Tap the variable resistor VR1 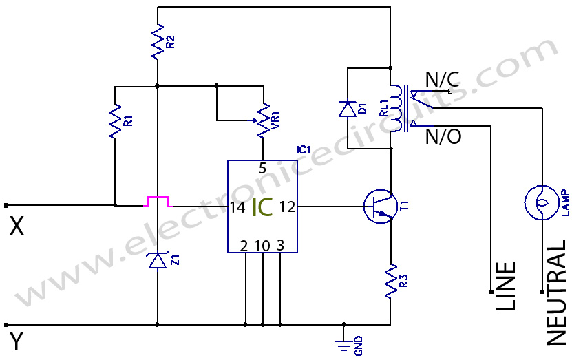coord(262,120)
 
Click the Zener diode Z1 coord(158,260)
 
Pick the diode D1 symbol coord(347,109)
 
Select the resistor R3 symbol coord(391,280)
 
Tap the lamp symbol coord(540,202)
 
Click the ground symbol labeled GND coord(343,343)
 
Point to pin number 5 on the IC coord(262,169)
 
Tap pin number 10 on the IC coord(263,245)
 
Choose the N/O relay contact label coord(443,137)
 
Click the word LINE coord(506,286)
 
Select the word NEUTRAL coord(556,292)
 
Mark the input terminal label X coord(17,226)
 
